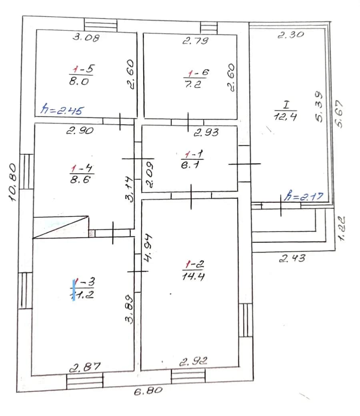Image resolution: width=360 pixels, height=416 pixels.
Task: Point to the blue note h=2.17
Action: tap(304, 196)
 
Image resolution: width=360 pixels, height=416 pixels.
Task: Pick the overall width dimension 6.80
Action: tap(148, 391)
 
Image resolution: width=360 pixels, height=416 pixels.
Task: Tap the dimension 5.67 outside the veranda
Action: tap(339, 114)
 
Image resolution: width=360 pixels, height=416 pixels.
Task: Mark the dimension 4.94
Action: tap(148, 248)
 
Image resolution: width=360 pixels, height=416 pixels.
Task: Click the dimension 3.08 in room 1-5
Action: tap(86, 37)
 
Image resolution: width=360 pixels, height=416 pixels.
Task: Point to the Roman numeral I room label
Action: tap(286, 105)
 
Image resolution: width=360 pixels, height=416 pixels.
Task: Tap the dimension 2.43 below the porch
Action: tap(292, 258)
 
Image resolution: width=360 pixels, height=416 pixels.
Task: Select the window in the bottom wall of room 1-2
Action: tap(188, 376)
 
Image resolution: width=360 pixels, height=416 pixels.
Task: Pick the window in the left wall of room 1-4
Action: tap(26, 172)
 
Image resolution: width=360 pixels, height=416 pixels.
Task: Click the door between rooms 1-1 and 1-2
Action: tap(191, 195)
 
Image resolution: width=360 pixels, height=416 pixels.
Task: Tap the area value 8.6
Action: tap(80, 180)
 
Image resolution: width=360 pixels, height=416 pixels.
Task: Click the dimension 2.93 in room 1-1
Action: tap(206, 132)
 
